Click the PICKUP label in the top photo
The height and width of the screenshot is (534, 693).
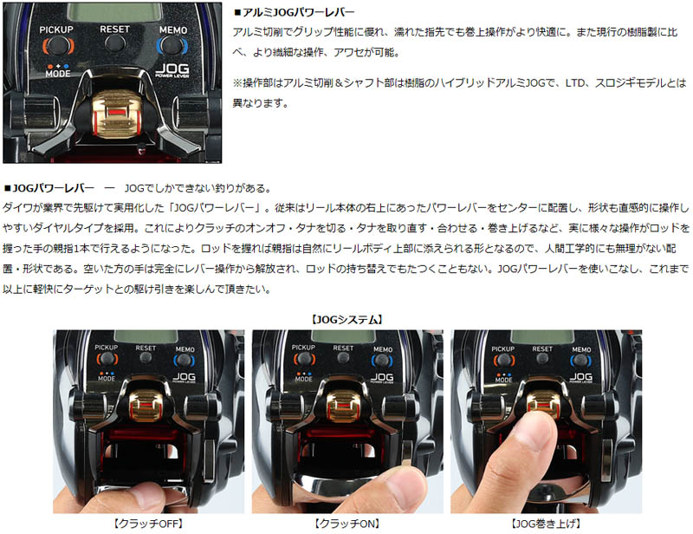(56, 29)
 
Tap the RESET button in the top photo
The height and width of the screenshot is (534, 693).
(115, 44)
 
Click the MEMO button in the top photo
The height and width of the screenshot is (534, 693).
(172, 45)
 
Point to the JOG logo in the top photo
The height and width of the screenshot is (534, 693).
(172, 70)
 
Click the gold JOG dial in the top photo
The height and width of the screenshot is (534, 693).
(117, 114)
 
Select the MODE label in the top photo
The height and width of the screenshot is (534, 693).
(58, 74)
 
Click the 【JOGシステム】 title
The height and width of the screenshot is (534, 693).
(347, 319)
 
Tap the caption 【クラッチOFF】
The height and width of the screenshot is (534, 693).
(148, 524)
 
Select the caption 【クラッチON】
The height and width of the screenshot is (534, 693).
(347, 524)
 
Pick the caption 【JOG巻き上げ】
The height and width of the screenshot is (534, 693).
(546, 524)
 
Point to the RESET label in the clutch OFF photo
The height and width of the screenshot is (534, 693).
(146, 348)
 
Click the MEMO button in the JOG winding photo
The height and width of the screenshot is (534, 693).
(580, 361)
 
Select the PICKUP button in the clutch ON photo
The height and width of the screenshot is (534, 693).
(304, 359)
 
